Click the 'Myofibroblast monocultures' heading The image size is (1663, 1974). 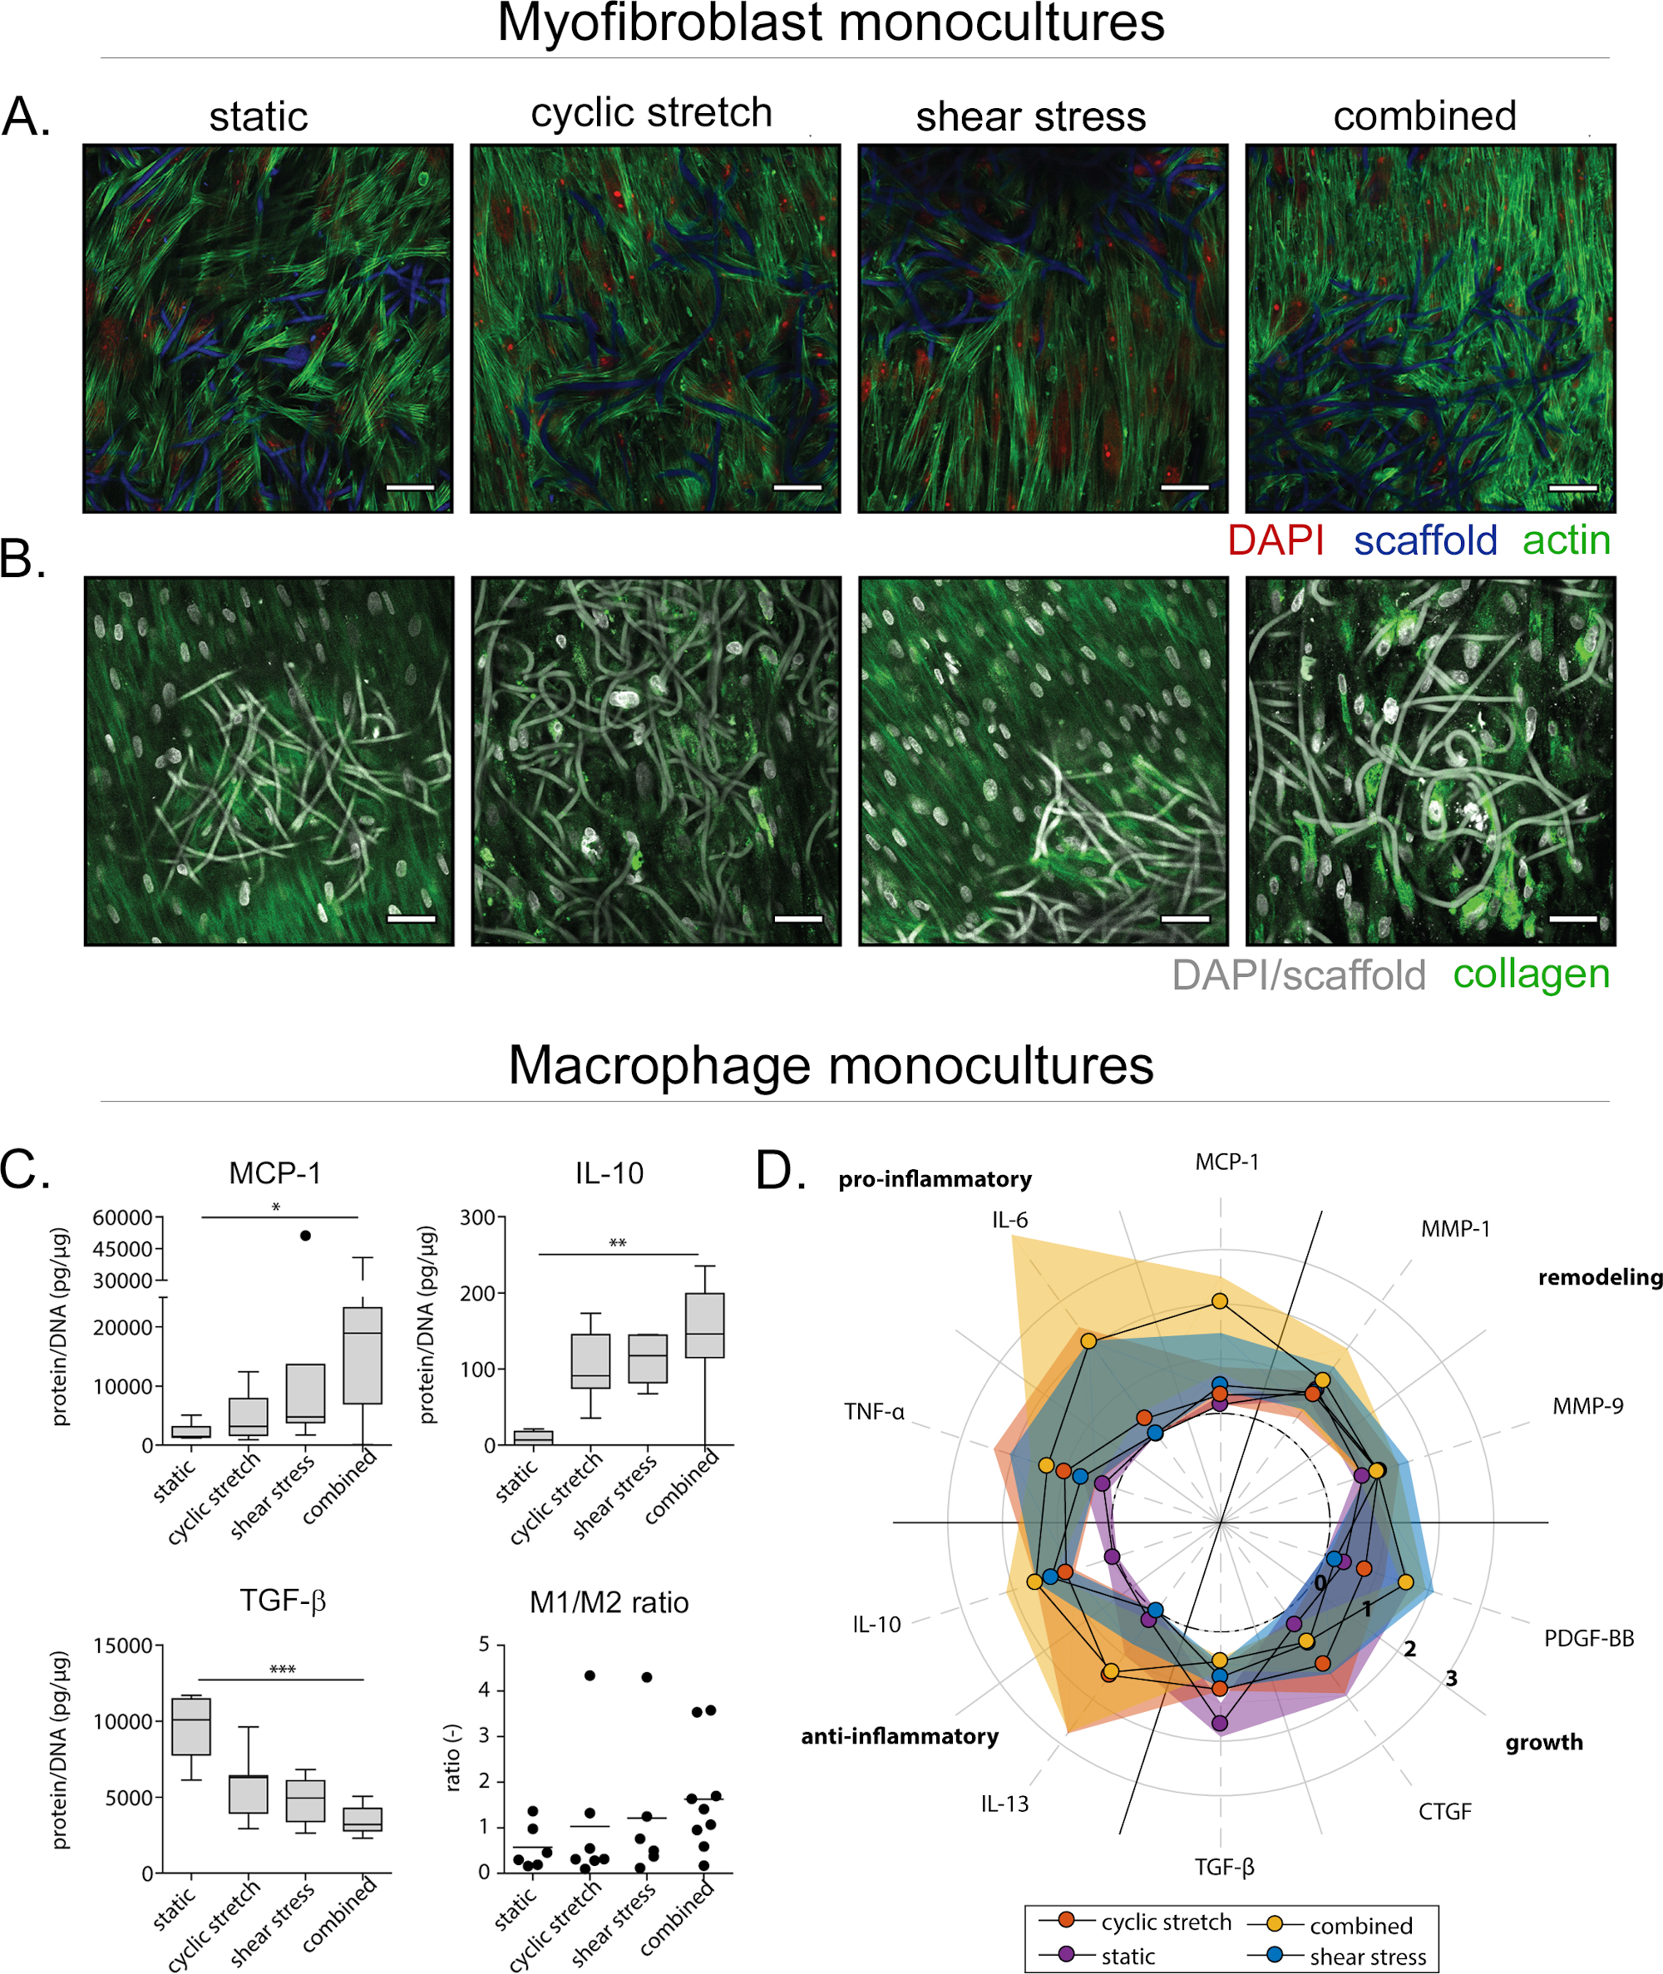coord(831,22)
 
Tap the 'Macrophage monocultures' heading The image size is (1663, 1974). coord(831,1065)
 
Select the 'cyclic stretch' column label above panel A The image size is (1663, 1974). coord(651,113)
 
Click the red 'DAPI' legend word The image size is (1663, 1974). coord(1276,541)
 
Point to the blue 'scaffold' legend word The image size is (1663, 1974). coord(1425,541)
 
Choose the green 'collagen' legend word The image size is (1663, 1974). coord(1531,974)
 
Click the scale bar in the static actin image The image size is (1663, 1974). coord(410,487)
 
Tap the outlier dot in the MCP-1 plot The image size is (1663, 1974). coord(305,1235)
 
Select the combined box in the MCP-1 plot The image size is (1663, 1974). coord(362,1355)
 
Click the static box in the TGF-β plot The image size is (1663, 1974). coord(191,1726)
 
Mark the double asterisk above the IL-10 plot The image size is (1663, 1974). coord(618,1243)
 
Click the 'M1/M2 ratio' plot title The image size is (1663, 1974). coord(609,1601)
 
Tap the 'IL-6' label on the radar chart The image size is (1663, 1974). coord(1009,1220)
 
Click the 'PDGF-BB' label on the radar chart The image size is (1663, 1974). coord(1588,1638)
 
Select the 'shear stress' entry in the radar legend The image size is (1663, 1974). coord(1367,1956)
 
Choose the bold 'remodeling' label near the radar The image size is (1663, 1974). coord(1600,1277)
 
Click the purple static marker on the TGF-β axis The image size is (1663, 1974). coord(1220,1723)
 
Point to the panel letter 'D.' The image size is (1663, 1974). coord(781,1171)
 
